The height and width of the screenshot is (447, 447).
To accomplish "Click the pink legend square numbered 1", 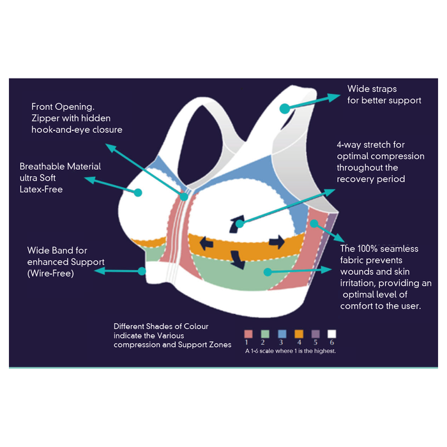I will [248, 334].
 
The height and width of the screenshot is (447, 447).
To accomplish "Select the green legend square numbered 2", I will [265, 334].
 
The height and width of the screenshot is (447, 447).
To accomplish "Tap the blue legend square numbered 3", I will [282, 334].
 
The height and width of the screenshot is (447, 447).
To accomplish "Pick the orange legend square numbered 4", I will [298, 334].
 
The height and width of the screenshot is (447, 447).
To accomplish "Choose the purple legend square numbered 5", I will [315, 334].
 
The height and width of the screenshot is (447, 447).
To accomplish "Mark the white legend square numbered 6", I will [331, 334].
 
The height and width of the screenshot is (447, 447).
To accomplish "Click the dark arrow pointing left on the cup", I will [205, 243].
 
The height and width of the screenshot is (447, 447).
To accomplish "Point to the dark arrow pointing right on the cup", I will [277, 242].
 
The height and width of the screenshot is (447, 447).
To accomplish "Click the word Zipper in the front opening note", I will [46, 118].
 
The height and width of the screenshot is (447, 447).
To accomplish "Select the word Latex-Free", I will [42, 190].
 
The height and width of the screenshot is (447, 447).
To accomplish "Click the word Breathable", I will [43, 167].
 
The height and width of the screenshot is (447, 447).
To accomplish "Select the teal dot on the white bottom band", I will [142, 271].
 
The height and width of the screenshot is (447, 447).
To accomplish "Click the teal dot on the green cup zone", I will [266, 271].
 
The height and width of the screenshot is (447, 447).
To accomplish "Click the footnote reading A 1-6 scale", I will [291, 351].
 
